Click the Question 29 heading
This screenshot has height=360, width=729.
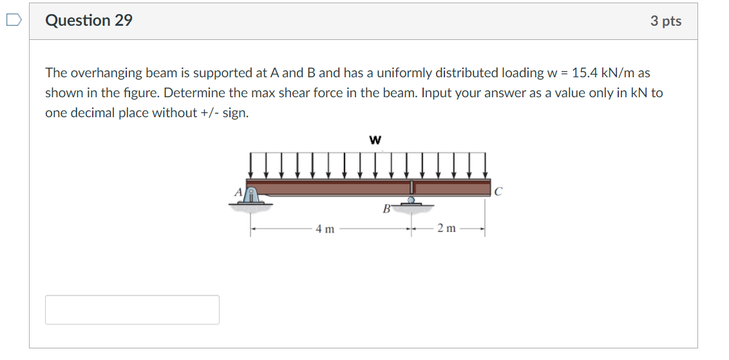(x=89, y=21)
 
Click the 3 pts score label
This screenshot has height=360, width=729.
(x=665, y=21)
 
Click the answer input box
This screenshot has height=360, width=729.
(x=132, y=310)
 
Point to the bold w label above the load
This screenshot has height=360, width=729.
(x=375, y=138)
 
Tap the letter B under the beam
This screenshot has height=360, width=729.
(x=386, y=209)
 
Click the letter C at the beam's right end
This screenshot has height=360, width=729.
(x=498, y=191)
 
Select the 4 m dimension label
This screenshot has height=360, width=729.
(x=325, y=229)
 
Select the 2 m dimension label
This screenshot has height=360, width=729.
(x=446, y=229)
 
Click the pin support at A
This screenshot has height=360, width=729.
(x=253, y=197)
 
